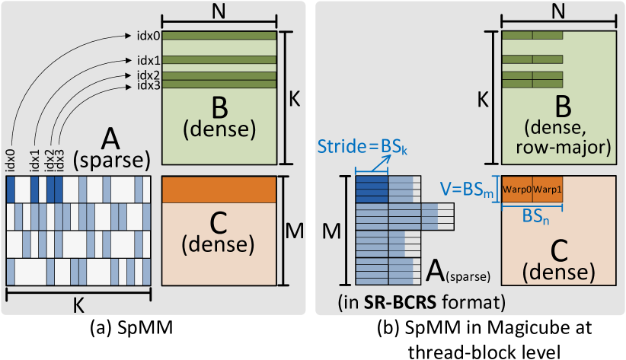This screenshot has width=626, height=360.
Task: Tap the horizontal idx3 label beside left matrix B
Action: [x=149, y=84]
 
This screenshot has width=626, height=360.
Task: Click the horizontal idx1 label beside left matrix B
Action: [x=149, y=59]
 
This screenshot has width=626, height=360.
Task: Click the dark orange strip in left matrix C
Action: [x=219, y=190]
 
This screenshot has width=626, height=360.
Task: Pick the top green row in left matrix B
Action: [x=219, y=35]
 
